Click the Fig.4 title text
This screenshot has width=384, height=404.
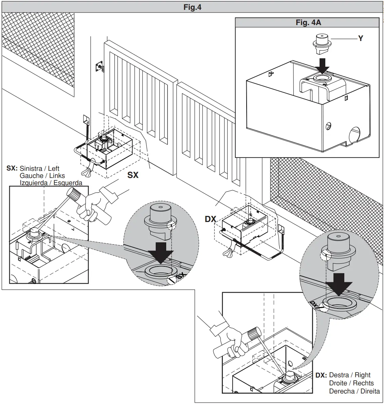(192, 7)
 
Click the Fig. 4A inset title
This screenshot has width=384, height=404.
(308, 23)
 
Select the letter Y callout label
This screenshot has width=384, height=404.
(361, 39)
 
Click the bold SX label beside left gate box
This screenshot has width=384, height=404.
(133, 175)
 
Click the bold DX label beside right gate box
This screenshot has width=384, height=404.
(210, 219)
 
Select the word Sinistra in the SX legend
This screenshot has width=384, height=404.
(31, 168)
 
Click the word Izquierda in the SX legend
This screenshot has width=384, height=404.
(34, 183)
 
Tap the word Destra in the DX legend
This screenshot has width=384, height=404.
(339, 375)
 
